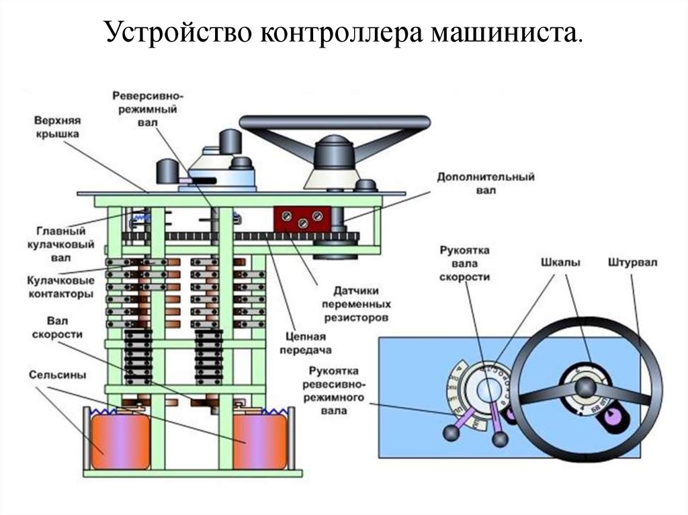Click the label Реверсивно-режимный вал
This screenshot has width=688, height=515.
click(x=144, y=109)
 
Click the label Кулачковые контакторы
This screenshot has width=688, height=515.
click(x=60, y=285)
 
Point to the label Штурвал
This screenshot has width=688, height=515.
click(x=630, y=261)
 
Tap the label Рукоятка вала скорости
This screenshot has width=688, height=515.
click(x=465, y=263)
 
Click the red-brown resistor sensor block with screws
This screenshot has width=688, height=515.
click(x=301, y=219)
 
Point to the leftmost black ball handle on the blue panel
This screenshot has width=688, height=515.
click(x=449, y=434)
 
